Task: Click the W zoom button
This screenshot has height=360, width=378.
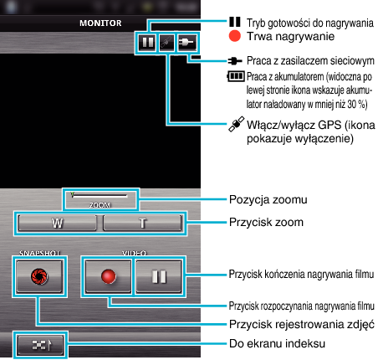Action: (58, 223)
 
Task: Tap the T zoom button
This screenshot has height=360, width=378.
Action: (142, 223)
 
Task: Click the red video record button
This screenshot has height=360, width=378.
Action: (108, 276)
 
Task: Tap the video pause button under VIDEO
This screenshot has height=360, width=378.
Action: (159, 276)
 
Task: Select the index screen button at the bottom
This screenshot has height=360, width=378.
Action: (41, 345)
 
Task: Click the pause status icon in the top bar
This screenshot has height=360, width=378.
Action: (147, 43)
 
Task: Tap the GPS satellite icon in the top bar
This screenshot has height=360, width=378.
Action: (166, 43)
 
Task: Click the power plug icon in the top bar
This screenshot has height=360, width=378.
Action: (186, 43)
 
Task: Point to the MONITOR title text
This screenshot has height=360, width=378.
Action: (100, 23)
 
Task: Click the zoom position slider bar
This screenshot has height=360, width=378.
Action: (100, 195)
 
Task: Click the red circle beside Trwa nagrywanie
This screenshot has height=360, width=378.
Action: (235, 36)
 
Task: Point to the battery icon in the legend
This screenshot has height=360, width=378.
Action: (236, 76)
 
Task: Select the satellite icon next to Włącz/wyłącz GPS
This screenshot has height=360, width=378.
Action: (237, 124)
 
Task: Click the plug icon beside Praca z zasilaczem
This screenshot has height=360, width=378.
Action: (235, 60)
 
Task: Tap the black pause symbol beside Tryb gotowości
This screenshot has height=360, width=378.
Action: (235, 22)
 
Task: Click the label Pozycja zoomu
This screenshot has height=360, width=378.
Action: (268, 200)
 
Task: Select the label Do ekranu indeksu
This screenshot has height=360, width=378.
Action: (277, 343)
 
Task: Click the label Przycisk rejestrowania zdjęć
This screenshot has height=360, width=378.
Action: (302, 324)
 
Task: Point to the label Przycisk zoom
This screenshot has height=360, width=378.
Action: (266, 223)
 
